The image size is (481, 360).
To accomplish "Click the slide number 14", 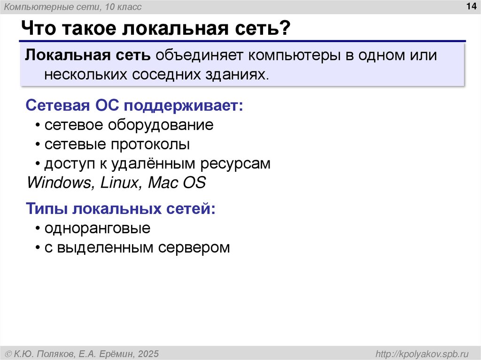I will pyautogui.click(x=470, y=6).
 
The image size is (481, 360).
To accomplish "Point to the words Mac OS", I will pyautogui.click(x=177, y=182).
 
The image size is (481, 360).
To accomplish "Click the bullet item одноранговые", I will pyautogui.click(x=97, y=229).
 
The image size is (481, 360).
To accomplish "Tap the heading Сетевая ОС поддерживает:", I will pyautogui.click(x=135, y=105).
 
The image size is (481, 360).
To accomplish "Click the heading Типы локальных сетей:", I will pyautogui.click(x=121, y=209).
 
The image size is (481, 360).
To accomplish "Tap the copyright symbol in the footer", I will pyautogui.click(x=9, y=353).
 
